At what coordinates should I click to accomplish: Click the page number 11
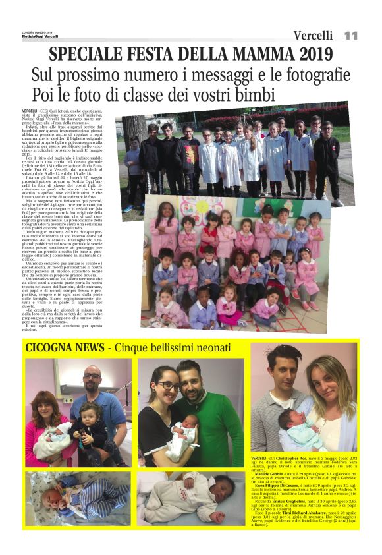[350, 35]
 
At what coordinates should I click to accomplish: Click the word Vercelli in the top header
[313, 36]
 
